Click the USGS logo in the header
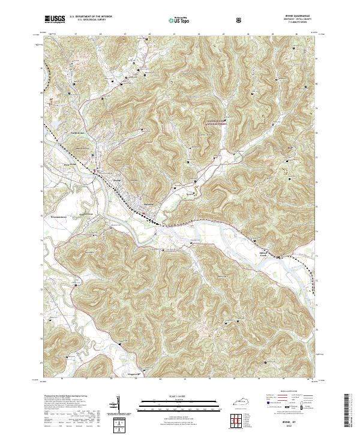(x=53, y=20)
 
